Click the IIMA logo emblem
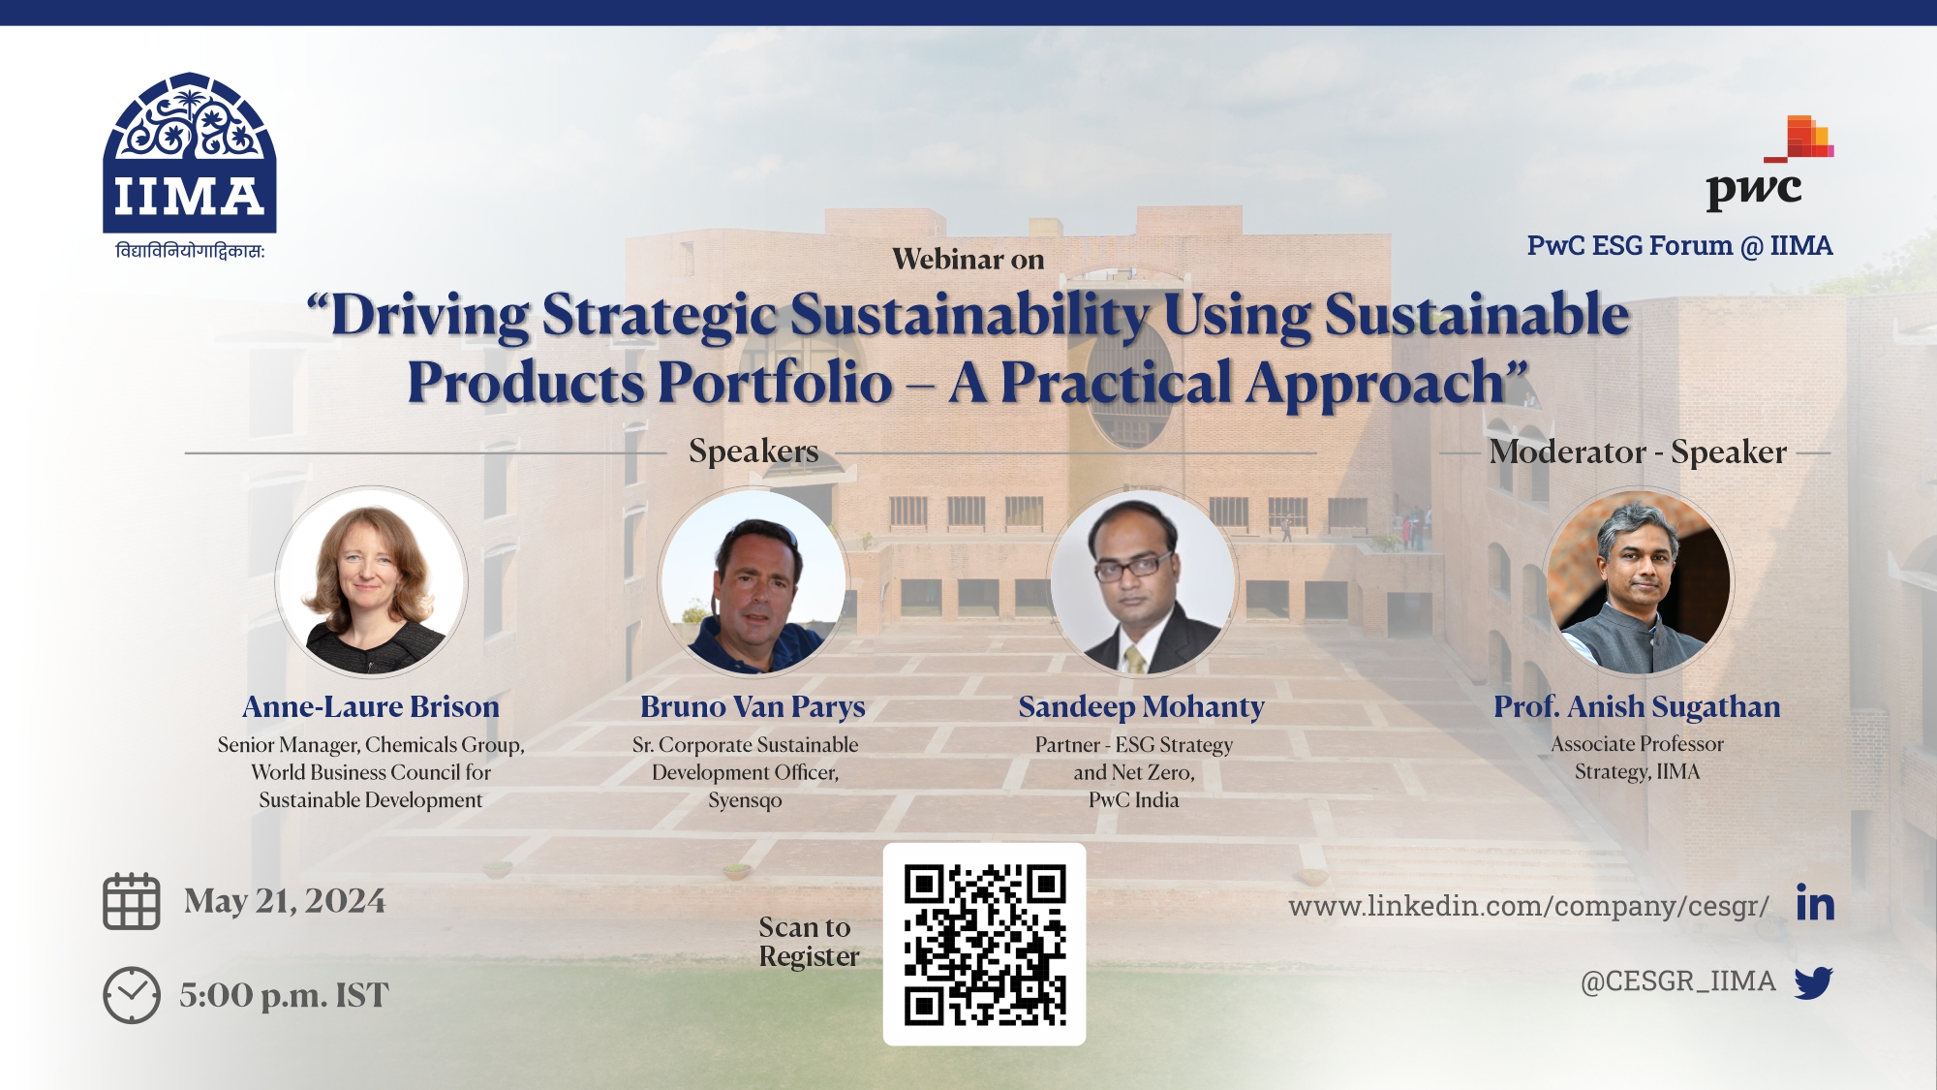coord(190,153)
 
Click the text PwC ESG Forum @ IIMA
coord(1679,246)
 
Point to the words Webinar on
coord(968,260)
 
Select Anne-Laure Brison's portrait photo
coord(371,583)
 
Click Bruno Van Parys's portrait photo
coord(753,583)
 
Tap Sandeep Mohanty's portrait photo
coord(1142,583)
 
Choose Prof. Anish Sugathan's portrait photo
coord(1638,583)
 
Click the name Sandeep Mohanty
coord(1141,707)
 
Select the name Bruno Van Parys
coord(753,707)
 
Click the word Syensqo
coord(745,801)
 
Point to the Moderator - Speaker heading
coord(1638,452)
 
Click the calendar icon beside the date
coord(132,902)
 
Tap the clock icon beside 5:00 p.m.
coord(132,995)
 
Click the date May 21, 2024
coord(285,902)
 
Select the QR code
coord(984,945)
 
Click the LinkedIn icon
coord(1815,903)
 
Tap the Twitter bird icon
coord(1813,982)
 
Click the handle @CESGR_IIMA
coord(1677,981)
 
